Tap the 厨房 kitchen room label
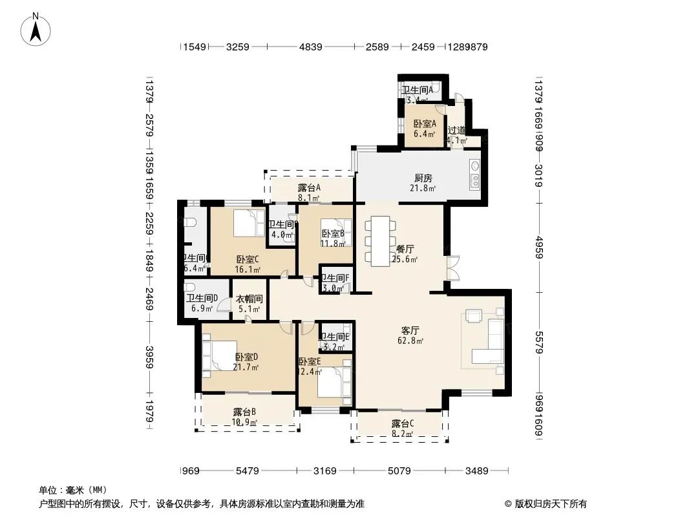[423, 178]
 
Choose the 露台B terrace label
[245, 412]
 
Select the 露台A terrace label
[310, 188]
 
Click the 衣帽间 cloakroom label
[249, 299]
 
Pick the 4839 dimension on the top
[310, 47]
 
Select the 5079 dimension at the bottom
[399, 471]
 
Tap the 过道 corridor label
[457, 130]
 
